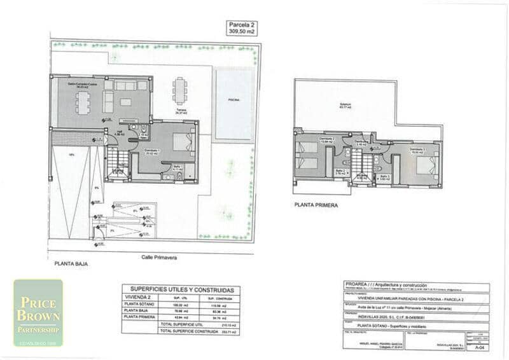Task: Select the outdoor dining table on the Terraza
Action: coord(181,90)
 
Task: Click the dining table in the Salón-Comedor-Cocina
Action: coord(84,102)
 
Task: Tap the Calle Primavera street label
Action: coord(159,258)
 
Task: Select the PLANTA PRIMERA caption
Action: coord(316,205)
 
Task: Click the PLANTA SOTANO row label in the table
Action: coord(139,305)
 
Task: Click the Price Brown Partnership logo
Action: coord(38,313)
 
